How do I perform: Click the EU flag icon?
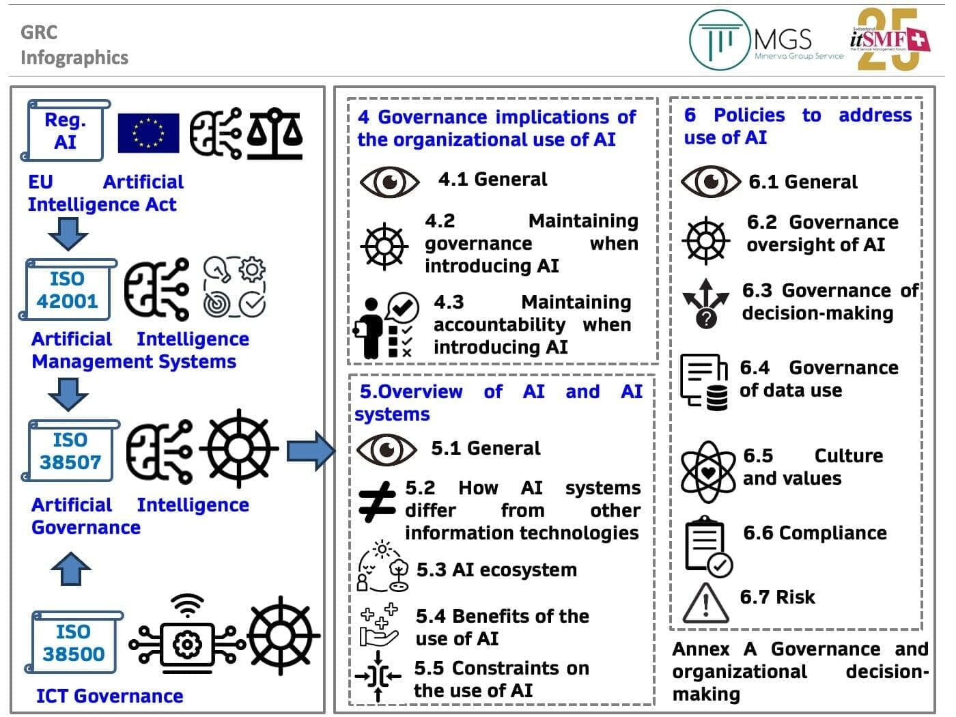(148, 133)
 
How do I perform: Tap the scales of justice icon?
(275, 133)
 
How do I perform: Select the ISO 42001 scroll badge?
(68, 290)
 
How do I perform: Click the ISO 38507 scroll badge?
(70, 451)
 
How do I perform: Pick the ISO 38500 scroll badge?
(73, 643)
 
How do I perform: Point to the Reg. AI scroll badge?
(66, 130)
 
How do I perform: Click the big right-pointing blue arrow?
(311, 451)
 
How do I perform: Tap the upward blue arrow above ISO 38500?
(70, 569)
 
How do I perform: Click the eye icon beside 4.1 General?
(390, 182)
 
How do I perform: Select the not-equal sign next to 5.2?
(377, 502)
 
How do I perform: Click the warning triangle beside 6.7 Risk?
(705, 604)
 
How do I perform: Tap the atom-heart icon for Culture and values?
(709, 473)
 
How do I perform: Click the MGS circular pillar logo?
(720, 40)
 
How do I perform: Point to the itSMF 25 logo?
(889, 39)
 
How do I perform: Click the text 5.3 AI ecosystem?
(496, 570)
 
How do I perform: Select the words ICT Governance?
(110, 696)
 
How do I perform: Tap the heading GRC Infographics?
(74, 45)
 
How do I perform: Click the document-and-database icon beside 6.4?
(704, 382)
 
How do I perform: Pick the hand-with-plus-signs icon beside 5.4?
(379, 625)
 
